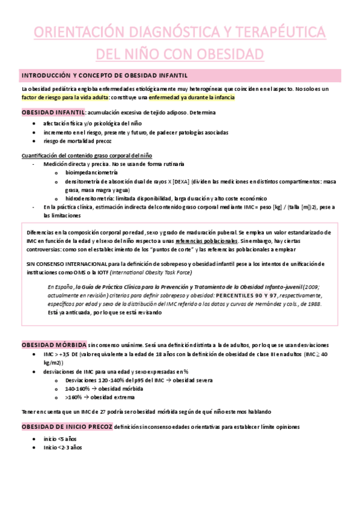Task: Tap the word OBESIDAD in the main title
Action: point(227,54)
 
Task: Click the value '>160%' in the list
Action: point(72,397)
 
